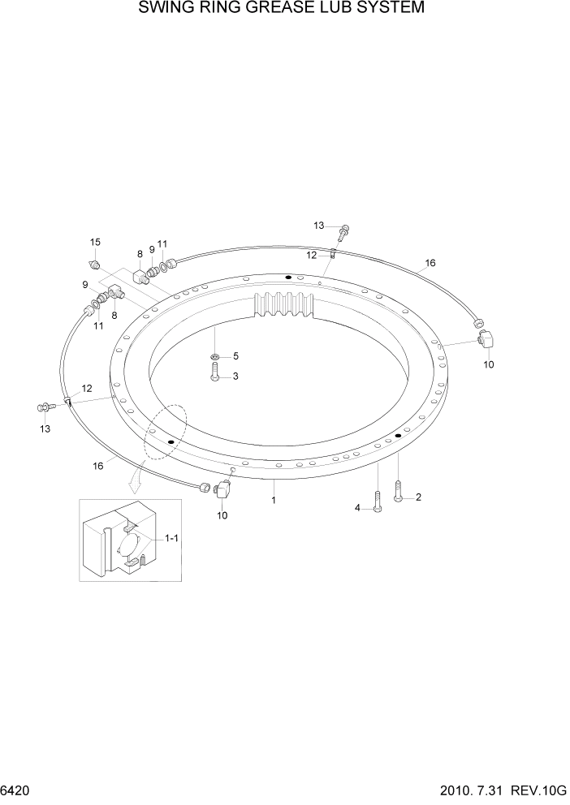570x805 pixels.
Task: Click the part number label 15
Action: pos(95,243)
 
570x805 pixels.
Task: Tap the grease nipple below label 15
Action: pos(94,264)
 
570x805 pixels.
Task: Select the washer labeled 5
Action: pos(215,356)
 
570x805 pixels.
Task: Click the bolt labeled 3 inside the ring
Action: pos(215,373)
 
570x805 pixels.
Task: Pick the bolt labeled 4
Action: pos(378,500)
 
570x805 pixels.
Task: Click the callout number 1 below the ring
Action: pos(274,501)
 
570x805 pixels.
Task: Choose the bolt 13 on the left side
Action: pos(45,407)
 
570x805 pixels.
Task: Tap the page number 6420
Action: pos(16,791)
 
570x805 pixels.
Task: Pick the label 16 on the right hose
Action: pos(430,263)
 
